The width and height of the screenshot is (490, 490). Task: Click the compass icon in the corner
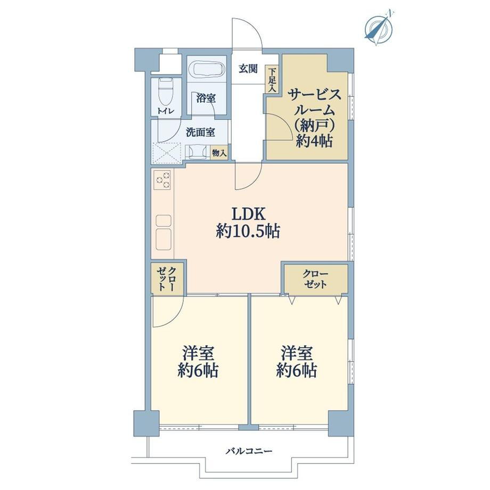pyautogui.click(x=379, y=28)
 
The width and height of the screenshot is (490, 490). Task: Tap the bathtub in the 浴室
pyautogui.click(x=207, y=69)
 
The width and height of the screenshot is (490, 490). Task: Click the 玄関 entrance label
pyautogui.click(x=248, y=69)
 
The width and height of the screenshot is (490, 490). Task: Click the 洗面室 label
pyautogui.click(x=200, y=133)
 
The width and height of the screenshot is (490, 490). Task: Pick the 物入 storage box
pyautogui.click(x=219, y=153)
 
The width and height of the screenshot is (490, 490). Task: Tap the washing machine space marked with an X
pyautogui.click(x=167, y=153)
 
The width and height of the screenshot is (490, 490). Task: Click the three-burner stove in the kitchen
pyautogui.click(x=163, y=180)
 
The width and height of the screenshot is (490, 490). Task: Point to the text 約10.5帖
pyautogui.click(x=248, y=232)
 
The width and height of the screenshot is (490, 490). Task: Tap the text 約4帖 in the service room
pyautogui.click(x=314, y=142)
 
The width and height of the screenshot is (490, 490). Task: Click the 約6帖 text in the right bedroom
pyautogui.click(x=297, y=371)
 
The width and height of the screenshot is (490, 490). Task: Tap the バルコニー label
pyautogui.click(x=249, y=451)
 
